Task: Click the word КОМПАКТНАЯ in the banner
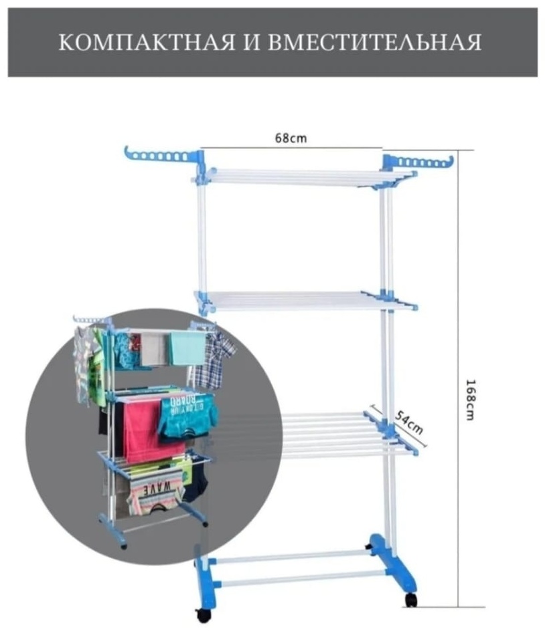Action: click(x=147, y=42)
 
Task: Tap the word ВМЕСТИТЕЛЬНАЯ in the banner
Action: click(x=374, y=43)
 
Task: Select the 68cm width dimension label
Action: click(x=291, y=138)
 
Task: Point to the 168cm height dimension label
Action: click(x=470, y=400)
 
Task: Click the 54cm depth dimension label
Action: click(x=409, y=422)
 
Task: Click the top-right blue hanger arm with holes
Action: click(x=418, y=162)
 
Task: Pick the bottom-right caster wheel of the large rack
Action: click(x=410, y=600)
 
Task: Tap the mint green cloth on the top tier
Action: click(x=187, y=348)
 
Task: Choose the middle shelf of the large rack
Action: click(x=307, y=301)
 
